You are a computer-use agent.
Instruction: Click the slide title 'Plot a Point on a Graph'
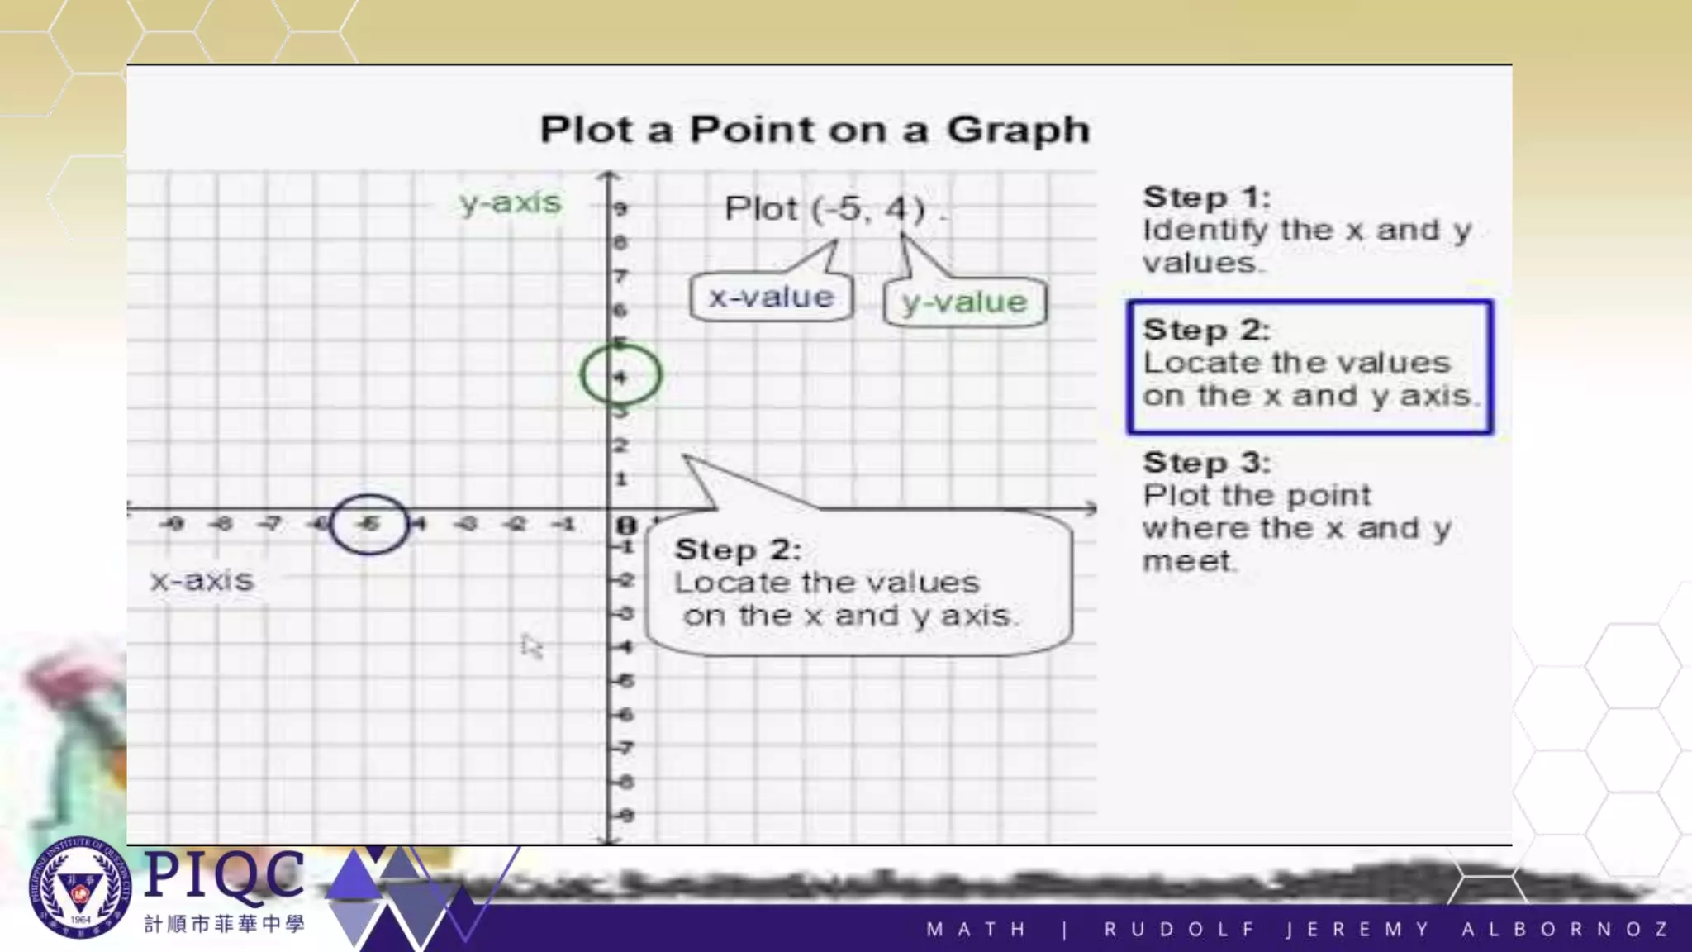coord(815,130)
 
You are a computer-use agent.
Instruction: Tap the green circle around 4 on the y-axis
coord(620,375)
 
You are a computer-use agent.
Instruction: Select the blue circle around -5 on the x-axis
coord(368,524)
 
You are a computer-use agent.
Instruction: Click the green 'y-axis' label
coord(510,202)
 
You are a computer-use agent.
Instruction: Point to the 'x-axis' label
coord(202,580)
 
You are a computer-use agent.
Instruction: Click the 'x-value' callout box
coord(771,297)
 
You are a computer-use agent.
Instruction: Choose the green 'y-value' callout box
coord(964,302)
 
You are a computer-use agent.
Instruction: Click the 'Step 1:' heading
coord(1206,198)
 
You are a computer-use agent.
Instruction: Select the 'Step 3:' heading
coord(1206,463)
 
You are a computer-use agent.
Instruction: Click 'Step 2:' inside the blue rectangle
coord(1206,330)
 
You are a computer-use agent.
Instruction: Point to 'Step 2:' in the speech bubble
coord(738,550)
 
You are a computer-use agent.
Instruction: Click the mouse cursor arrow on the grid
coord(531,645)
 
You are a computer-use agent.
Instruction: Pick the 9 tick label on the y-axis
coord(621,209)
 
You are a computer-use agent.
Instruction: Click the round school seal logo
coord(80,888)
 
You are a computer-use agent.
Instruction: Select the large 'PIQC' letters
coord(224,874)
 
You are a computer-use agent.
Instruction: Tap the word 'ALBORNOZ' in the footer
coord(1565,930)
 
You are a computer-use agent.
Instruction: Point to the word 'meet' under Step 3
coord(1186,562)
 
